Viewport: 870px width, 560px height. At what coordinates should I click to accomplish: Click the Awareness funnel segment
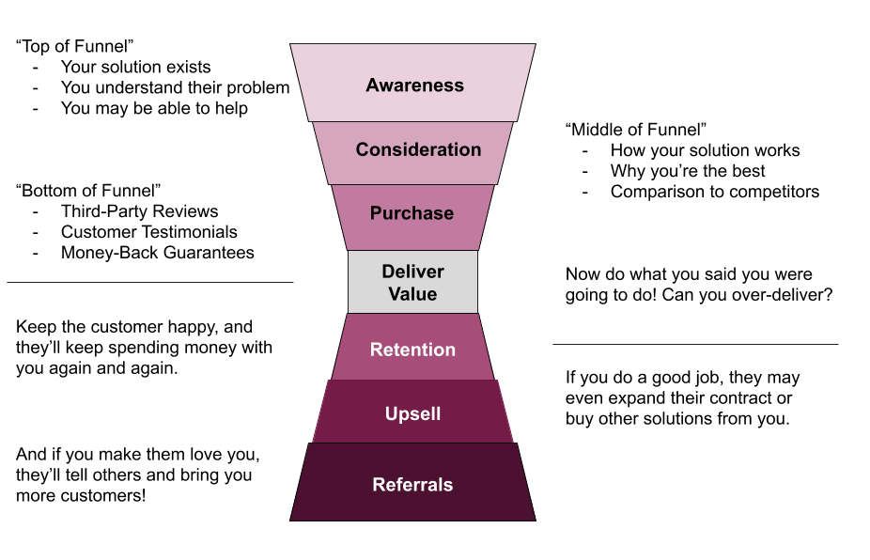click(x=412, y=83)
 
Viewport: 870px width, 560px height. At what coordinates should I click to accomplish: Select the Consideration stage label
click(x=418, y=149)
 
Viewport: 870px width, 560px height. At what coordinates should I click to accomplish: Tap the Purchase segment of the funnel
click(x=412, y=217)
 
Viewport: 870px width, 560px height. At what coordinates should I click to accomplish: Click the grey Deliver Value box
click(x=412, y=282)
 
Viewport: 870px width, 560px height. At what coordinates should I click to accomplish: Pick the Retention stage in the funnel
click(x=412, y=347)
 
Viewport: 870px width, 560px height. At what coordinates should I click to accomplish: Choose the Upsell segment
click(x=412, y=412)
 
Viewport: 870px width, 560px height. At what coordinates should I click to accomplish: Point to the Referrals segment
click(x=412, y=482)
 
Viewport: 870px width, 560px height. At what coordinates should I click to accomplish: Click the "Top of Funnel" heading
click(x=75, y=46)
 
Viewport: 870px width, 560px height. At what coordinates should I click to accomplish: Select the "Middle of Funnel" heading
click(x=636, y=130)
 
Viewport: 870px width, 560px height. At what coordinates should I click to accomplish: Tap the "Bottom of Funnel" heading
click(x=88, y=191)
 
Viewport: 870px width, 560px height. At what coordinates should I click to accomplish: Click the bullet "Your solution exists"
click(x=136, y=67)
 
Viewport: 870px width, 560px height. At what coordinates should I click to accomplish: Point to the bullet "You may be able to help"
click(x=154, y=108)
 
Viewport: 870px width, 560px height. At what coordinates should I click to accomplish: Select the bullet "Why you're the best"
click(x=688, y=171)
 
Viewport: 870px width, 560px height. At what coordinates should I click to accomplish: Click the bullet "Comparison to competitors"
click(x=715, y=192)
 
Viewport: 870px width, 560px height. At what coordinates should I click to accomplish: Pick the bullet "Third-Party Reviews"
click(x=139, y=211)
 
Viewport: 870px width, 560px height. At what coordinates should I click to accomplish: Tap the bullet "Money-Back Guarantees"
click(x=158, y=253)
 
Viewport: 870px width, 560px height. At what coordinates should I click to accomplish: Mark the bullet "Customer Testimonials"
click(x=149, y=232)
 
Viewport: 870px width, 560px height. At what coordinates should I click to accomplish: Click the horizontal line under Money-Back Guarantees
click(x=149, y=283)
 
